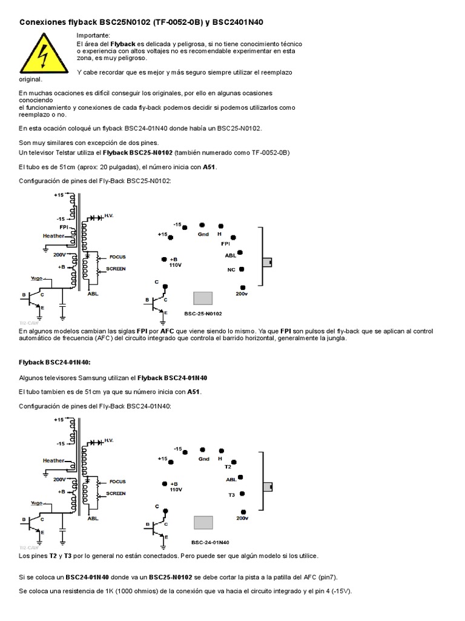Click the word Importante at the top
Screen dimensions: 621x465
pyautogui.click(x=93, y=36)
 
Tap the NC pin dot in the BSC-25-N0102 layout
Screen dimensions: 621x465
pyautogui.click(x=242, y=269)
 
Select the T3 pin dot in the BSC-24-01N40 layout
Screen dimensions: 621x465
pyautogui.click(x=242, y=494)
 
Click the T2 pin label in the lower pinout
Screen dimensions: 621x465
pyautogui.click(x=228, y=467)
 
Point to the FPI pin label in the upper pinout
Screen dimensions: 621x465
pyautogui.click(x=233, y=243)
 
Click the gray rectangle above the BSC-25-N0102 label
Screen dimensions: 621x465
pyautogui.click(x=203, y=298)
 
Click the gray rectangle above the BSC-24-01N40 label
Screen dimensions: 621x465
pyautogui.click(x=203, y=522)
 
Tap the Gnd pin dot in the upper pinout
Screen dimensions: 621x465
pyautogui.click(x=202, y=224)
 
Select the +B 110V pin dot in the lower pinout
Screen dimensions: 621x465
pyautogui.click(x=164, y=483)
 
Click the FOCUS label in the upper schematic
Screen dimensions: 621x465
pyautogui.click(x=117, y=257)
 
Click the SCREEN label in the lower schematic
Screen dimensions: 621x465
pyautogui.click(x=116, y=493)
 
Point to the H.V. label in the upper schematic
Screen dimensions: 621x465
pyautogui.click(x=109, y=216)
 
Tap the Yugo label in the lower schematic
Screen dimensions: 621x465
pyautogui.click(x=36, y=503)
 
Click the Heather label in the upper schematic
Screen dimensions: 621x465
pyautogui.click(x=53, y=235)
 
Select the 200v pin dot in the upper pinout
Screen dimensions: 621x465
pyautogui.click(x=243, y=287)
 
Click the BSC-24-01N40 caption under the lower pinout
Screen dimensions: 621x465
pyautogui.click(x=210, y=542)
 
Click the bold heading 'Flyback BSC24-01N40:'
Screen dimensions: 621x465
pyautogui.click(x=54, y=362)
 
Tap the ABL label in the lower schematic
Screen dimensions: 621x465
pyautogui.click(x=93, y=519)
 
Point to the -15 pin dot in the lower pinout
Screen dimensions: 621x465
pyautogui.click(x=185, y=451)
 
